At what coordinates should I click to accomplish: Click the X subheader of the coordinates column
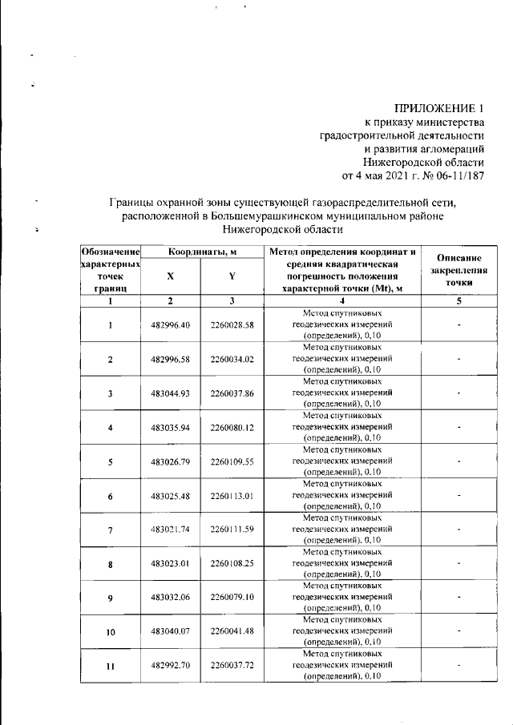tap(170, 276)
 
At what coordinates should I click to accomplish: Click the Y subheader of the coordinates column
tap(232, 276)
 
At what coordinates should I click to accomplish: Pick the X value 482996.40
tap(170, 324)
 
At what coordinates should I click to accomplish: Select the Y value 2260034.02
tap(232, 359)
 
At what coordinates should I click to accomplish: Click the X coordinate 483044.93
tap(170, 393)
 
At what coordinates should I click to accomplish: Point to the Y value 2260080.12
tap(232, 428)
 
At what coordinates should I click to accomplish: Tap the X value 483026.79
tap(170, 461)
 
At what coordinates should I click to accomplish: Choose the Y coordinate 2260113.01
tap(232, 496)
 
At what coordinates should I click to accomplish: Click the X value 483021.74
tap(170, 530)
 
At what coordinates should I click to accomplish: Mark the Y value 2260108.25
tap(232, 564)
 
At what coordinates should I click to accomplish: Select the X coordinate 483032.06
tap(170, 598)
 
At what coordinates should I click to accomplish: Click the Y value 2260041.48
tap(232, 632)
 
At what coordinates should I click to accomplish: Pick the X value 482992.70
tap(170, 666)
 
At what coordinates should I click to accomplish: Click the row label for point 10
tap(111, 632)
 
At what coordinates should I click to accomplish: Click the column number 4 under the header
tap(342, 300)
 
